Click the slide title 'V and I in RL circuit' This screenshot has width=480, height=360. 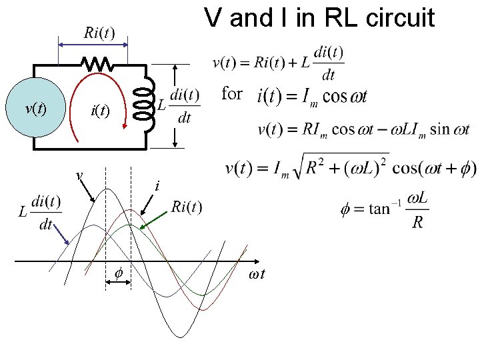(x=319, y=18)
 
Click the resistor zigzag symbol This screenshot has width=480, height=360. (x=97, y=64)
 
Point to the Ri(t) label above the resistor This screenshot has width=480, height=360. (x=99, y=33)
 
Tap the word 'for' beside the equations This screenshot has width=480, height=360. (x=231, y=94)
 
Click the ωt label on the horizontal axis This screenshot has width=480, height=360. (x=257, y=274)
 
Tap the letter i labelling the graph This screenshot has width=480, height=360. (x=156, y=187)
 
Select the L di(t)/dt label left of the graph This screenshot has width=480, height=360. (x=40, y=213)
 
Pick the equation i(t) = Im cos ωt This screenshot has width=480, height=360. (x=311, y=97)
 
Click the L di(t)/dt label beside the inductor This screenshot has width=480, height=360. (x=178, y=106)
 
